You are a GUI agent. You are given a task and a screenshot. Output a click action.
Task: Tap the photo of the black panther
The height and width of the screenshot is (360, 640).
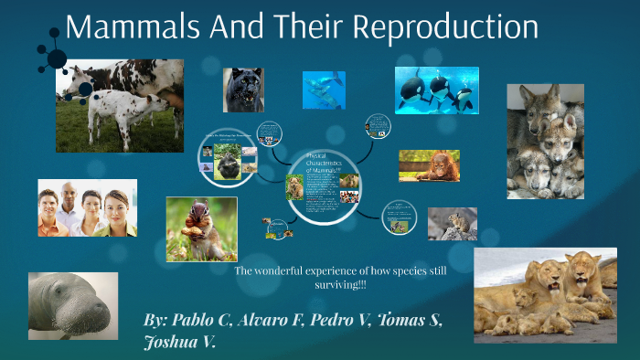[x=243, y=90]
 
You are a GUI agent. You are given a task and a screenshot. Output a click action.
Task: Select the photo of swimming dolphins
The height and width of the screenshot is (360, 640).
[x=324, y=90]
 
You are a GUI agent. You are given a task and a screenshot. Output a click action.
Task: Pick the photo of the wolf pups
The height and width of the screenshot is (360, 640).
[x=545, y=141]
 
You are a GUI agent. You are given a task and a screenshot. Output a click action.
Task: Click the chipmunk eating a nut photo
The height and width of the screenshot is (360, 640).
[x=201, y=229]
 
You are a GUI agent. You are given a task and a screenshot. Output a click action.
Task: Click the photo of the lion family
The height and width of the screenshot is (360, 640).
[x=545, y=294]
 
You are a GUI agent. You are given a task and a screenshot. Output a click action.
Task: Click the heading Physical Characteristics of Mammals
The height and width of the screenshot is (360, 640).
[x=322, y=162]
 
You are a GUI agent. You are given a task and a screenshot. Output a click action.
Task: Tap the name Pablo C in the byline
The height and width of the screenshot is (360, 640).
[x=199, y=321]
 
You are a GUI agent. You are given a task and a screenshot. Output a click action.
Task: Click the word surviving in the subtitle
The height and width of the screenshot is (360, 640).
[x=344, y=286]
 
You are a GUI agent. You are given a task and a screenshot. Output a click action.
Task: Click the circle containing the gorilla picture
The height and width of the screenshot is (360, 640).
[x=227, y=158]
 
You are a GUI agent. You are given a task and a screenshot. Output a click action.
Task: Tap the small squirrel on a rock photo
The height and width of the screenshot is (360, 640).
[x=452, y=223]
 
